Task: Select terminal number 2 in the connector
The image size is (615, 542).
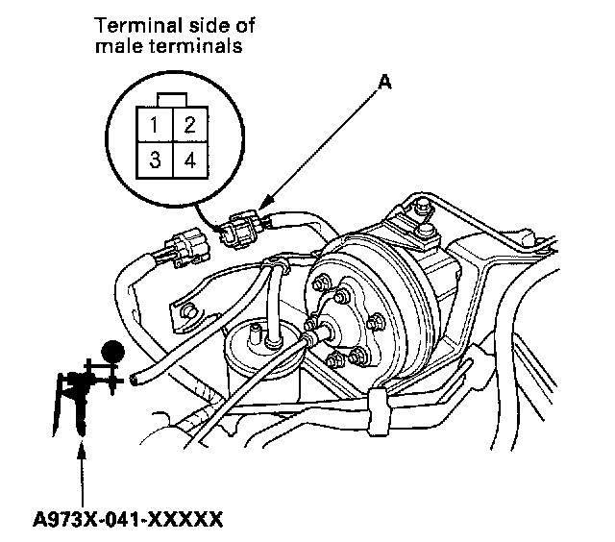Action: (x=189, y=124)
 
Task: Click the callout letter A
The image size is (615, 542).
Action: (x=384, y=84)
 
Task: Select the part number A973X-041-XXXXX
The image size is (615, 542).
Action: (x=128, y=520)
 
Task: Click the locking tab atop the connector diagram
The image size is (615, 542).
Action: (x=173, y=98)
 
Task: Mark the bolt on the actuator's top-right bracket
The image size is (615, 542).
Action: (x=423, y=206)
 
